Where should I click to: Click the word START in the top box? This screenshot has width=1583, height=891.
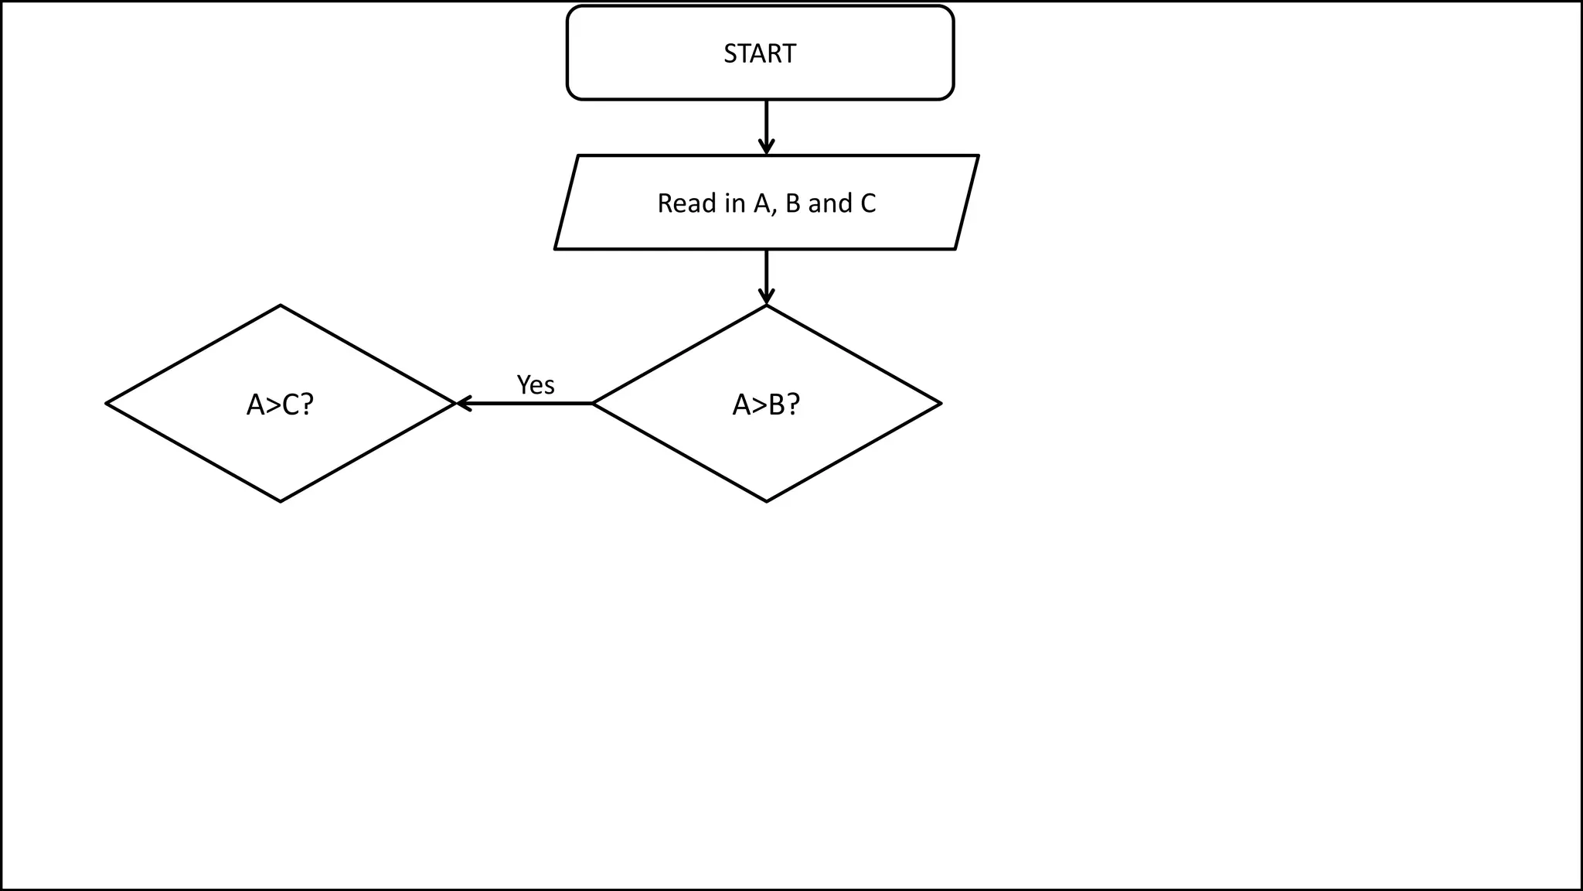(x=759, y=53)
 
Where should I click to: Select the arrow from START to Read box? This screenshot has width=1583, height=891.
(x=766, y=124)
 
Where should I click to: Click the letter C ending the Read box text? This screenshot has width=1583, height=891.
(x=868, y=203)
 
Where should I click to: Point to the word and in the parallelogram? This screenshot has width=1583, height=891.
(x=829, y=203)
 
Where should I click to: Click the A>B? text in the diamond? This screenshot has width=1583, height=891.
(x=766, y=404)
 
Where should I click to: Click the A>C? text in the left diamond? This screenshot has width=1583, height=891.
(x=280, y=404)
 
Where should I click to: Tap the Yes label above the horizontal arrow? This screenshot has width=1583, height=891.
(x=535, y=384)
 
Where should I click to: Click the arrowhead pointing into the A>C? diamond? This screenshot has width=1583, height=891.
(x=462, y=403)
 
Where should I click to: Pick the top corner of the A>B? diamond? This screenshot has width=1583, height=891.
(x=766, y=307)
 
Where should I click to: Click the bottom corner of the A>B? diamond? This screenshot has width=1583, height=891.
(x=766, y=500)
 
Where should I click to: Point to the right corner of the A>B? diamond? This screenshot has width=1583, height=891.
(x=938, y=404)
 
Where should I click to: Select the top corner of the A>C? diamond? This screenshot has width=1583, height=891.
(x=280, y=307)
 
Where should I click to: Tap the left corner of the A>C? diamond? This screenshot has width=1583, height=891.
(x=108, y=404)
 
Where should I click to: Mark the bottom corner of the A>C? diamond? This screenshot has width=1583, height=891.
(x=280, y=500)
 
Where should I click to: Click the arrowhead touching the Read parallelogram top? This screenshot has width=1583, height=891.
(x=766, y=148)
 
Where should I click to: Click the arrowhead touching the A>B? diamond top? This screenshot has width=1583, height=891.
(x=766, y=298)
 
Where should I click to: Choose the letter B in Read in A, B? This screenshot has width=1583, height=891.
(x=792, y=203)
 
